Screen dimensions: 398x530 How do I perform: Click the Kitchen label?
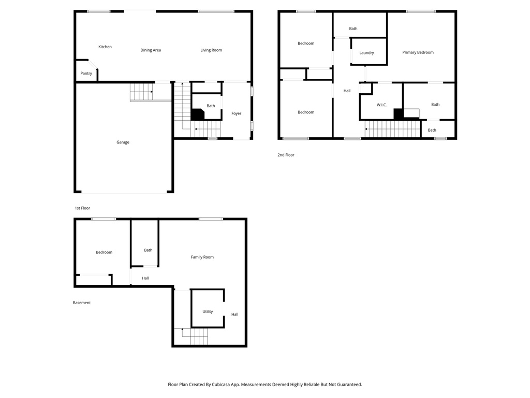coord(105,47)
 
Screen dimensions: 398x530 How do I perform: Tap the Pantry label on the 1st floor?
coord(86,74)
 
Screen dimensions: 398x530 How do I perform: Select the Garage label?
coord(123,143)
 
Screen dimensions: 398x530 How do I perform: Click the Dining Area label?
coord(151,50)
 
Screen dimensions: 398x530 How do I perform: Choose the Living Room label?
coord(211,50)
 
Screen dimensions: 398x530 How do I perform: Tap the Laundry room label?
coord(366,53)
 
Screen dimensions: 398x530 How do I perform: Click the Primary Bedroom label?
coord(418,52)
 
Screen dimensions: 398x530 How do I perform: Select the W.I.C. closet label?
coord(381,105)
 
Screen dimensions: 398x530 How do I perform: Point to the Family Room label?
coord(202,257)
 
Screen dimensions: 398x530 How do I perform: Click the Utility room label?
coord(208,312)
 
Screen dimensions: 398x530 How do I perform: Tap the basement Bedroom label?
coord(104,252)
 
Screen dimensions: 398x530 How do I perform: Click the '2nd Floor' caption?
coord(286,155)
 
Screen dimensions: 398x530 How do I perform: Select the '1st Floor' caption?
coord(82,208)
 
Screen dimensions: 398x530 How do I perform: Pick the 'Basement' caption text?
coord(82,303)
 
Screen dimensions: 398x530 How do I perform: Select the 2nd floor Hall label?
coord(347,91)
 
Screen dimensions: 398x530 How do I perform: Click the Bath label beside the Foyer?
coord(211,106)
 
